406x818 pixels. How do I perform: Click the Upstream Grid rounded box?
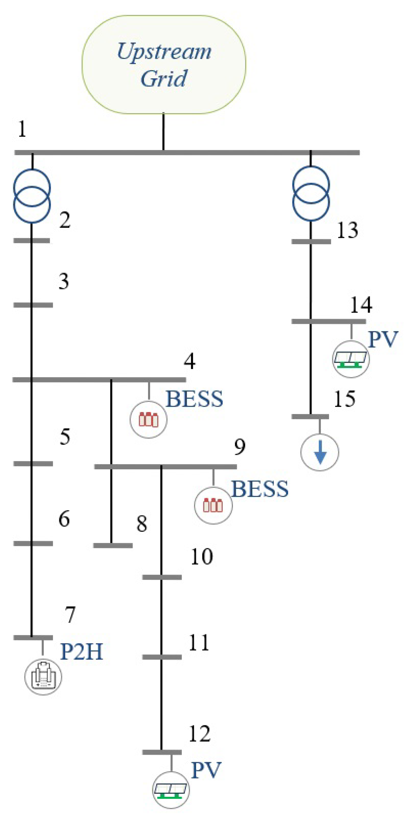(164, 64)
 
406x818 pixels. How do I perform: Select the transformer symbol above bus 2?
(32, 196)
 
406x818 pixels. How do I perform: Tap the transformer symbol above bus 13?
(311, 193)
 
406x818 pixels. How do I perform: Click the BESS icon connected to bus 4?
(148, 420)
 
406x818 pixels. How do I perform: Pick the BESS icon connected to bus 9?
(213, 505)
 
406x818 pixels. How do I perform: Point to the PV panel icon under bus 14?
(351, 359)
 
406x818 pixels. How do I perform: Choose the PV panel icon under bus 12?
(171, 790)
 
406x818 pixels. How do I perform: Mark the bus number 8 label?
(142, 524)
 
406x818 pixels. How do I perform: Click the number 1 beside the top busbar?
(22, 129)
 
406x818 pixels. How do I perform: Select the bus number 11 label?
(199, 643)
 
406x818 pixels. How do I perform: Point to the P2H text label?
(82, 652)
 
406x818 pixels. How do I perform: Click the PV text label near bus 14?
(383, 339)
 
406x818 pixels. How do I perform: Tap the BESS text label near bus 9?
(260, 489)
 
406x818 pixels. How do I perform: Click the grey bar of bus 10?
(162, 577)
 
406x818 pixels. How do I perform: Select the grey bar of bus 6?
(33, 543)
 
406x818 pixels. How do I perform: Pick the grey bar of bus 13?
(311, 242)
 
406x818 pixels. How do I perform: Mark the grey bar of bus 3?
(33, 305)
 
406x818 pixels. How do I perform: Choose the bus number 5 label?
(65, 436)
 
